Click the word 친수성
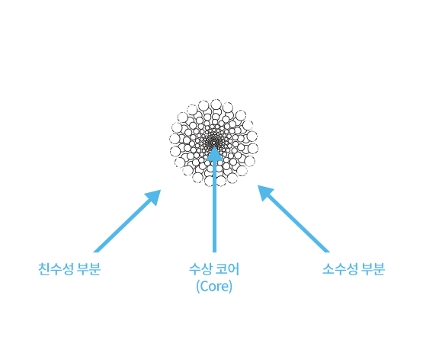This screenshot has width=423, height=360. pyautogui.click(x=56, y=268)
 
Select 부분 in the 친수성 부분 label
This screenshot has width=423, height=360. pyautogui.click(x=88, y=268)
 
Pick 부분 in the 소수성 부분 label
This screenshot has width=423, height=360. pyautogui.click(x=373, y=268)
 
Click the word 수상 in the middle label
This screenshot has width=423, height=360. pyautogui.click(x=200, y=269)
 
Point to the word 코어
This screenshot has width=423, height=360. pyautogui.click(x=228, y=269)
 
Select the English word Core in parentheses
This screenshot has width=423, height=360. pyautogui.click(x=214, y=286)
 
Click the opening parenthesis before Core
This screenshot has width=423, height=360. pyautogui.click(x=198, y=287)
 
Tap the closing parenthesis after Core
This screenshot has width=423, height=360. pyautogui.click(x=230, y=287)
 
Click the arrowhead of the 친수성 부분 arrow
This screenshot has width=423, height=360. pyautogui.click(x=154, y=196)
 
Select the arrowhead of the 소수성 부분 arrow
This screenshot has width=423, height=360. pyautogui.click(x=264, y=192)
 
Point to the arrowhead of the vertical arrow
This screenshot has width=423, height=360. pyautogui.click(x=214, y=155)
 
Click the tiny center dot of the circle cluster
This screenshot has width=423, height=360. pyautogui.click(x=214, y=142)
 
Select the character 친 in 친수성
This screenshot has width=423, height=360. pyautogui.click(x=43, y=268)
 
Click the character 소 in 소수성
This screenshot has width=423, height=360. pyautogui.click(x=328, y=268)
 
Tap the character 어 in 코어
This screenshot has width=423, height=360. pyautogui.click(x=234, y=269)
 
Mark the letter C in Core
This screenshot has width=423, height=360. pyautogui.click(x=203, y=286)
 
